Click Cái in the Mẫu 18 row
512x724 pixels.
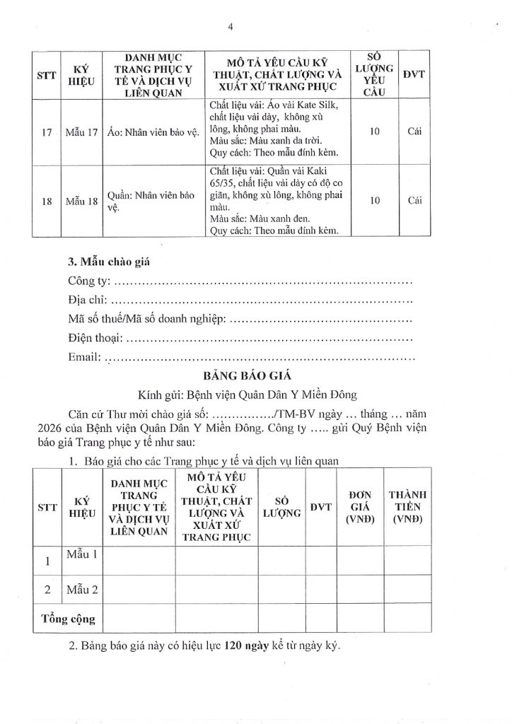(414, 200)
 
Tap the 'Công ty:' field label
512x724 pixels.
(89, 284)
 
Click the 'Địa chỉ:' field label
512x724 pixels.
(86, 302)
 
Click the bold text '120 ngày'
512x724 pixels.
(249, 646)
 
